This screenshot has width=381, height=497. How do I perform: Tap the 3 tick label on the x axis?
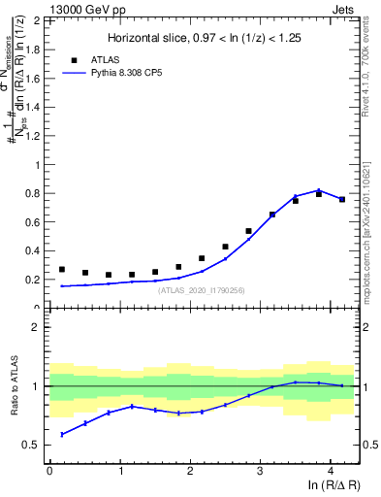click(x=260, y=470)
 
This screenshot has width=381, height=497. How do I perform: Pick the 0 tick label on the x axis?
click(x=49, y=470)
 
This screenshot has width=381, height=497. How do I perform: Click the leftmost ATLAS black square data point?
click(x=62, y=270)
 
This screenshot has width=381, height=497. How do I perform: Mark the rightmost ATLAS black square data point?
click(x=341, y=200)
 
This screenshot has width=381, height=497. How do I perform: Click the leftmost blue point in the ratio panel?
click(x=62, y=434)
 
